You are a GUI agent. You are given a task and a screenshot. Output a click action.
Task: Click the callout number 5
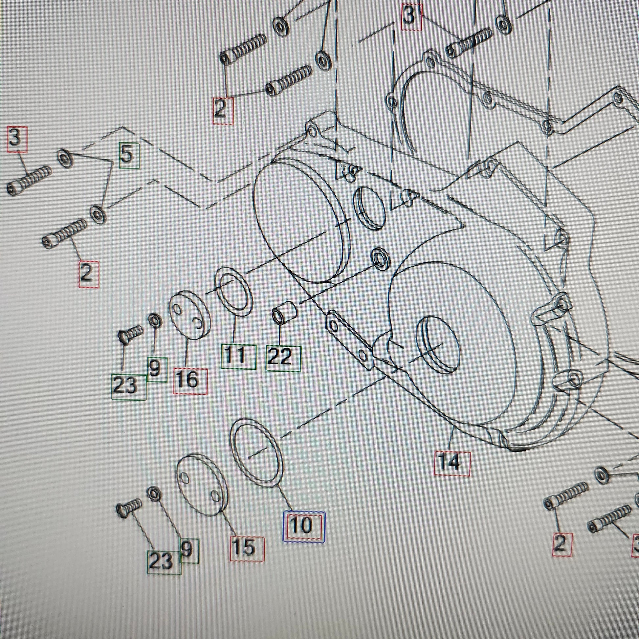[128, 155]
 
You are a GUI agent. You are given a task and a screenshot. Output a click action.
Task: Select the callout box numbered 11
[238, 356]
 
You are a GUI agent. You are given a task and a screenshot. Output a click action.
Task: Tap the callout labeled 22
[283, 358]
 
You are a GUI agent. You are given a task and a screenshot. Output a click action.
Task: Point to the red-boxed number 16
[190, 381]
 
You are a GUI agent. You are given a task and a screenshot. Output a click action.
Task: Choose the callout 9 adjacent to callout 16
[155, 369]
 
